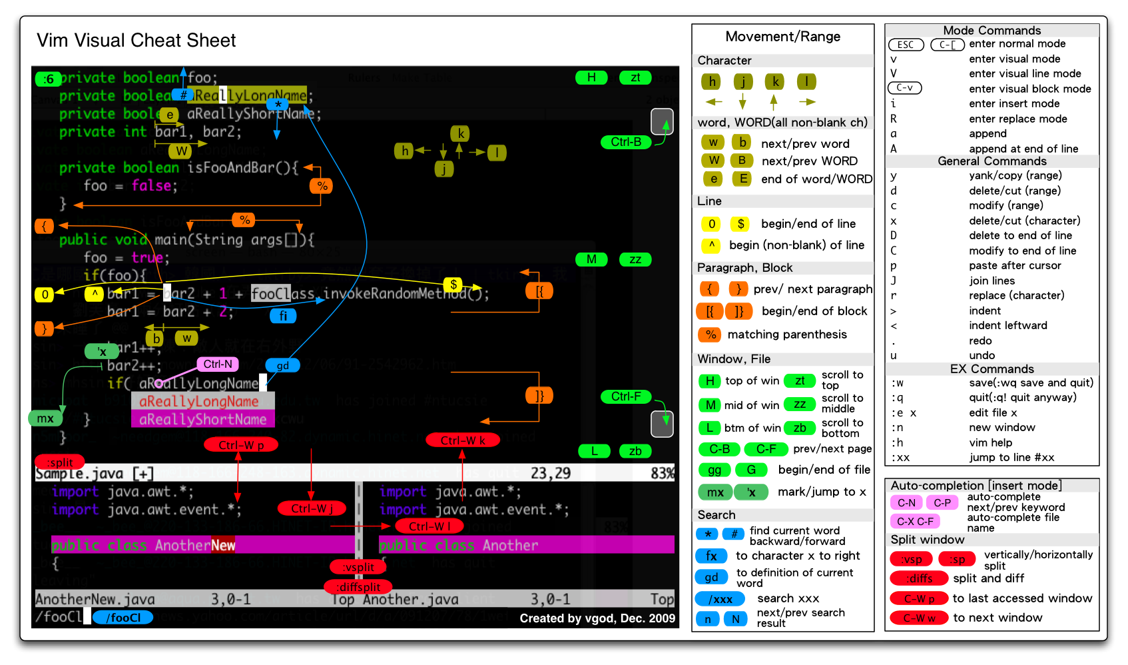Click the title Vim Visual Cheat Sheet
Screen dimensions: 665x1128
click(x=136, y=41)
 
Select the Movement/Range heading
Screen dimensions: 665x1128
click(x=782, y=37)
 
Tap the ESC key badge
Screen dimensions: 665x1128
click(x=906, y=45)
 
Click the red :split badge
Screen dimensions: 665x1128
click(x=60, y=462)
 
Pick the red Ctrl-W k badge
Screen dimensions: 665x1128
click(x=463, y=440)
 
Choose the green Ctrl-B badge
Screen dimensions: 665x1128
click(x=626, y=142)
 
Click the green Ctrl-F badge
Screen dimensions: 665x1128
click(x=626, y=396)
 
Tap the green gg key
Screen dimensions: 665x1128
click(x=714, y=470)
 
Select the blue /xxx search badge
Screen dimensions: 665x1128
click(x=720, y=599)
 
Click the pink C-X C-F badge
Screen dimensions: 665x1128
click(x=915, y=521)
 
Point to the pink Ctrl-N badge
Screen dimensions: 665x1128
click(x=218, y=364)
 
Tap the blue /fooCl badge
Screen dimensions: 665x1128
click(x=123, y=618)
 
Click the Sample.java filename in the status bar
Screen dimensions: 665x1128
click(x=79, y=473)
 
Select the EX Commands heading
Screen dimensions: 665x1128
click(x=991, y=369)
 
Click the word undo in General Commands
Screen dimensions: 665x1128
click(x=982, y=355)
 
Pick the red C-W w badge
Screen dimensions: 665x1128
click(x=919, y=618)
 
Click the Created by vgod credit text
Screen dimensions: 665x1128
click(x=597, y=618)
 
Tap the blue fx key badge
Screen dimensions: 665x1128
click(x=711, y=556)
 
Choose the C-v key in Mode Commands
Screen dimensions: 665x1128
click(x=905, y=88)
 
